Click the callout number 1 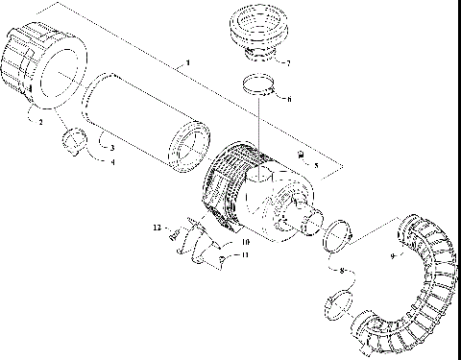(187, 62)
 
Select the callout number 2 (41, 124)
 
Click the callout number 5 (318, 165)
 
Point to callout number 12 (157, 227)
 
